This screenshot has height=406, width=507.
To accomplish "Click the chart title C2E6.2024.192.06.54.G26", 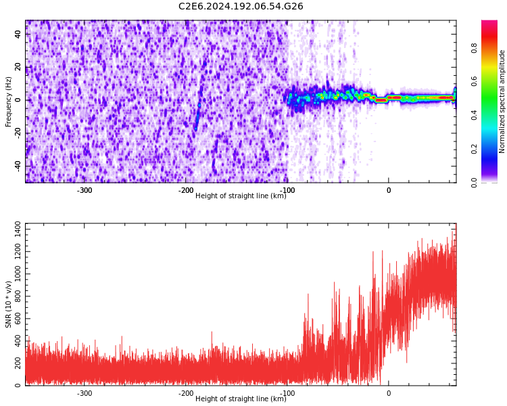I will coord(241,7).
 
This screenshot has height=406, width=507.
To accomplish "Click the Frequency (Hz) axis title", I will coord(9,101).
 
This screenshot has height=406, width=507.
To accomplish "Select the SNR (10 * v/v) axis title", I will coord(9,304).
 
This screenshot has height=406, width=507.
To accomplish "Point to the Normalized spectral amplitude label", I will coord(502,101).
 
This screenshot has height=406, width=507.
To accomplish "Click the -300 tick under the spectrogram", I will coord(84,190).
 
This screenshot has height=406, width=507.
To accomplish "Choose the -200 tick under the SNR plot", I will coord(186,393).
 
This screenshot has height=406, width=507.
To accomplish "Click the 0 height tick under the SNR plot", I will coord(388,393).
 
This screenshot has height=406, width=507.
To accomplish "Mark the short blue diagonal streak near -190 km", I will coord(197,116).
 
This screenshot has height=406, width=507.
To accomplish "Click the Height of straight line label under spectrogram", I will coord(241,196).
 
